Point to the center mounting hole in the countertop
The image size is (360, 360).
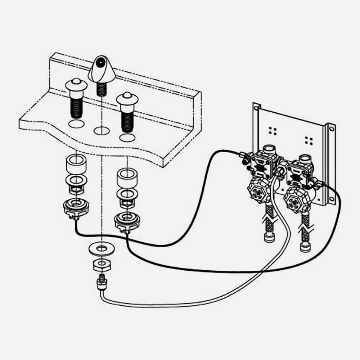coord(102,130)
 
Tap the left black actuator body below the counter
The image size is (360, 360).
coord(76,207)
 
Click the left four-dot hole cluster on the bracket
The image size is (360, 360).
coord(273,131)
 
